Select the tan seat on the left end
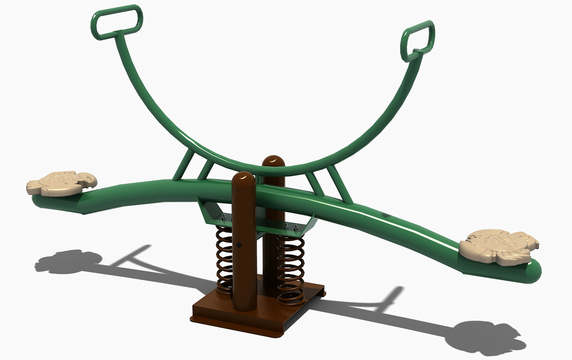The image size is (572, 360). [62, 183]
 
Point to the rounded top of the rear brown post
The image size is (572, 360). [274, 162]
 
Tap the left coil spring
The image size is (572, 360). [224, 258]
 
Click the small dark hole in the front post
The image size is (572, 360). [239, 246]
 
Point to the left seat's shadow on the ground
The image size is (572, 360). [67, 261]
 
